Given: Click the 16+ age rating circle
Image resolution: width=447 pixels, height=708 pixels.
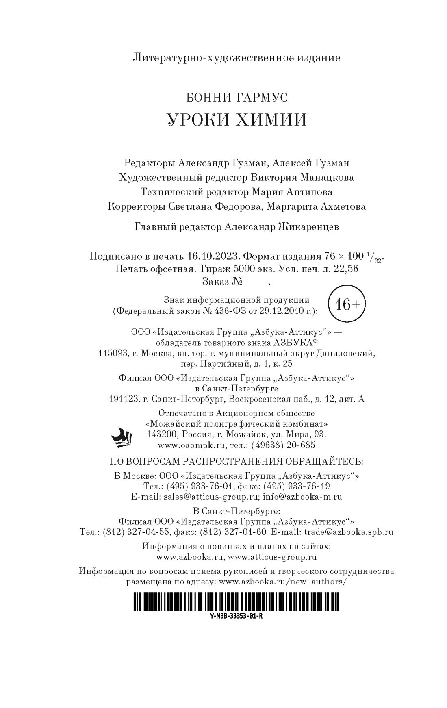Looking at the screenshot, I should click(x=347, y=305).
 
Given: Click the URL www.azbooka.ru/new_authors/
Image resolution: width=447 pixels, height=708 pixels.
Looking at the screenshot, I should click(x=283, y=582).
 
